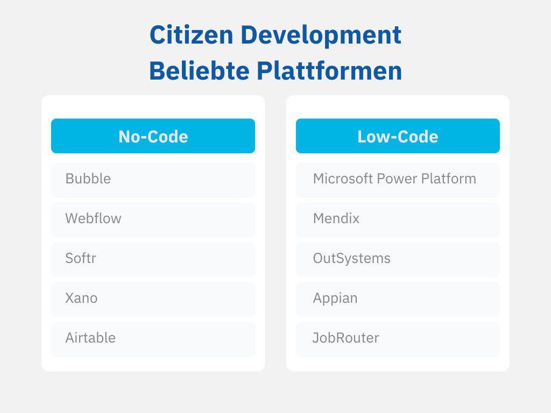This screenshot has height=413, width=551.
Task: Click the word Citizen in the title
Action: pos(192,35)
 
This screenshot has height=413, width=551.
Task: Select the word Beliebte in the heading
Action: pos(199,70)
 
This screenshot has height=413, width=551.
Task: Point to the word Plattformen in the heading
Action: pos(329,70)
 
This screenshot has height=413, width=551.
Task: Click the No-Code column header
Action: pos(153,136)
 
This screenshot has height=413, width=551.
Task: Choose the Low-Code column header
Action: pos(398,136)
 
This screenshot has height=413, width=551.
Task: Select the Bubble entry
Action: pos(153,180)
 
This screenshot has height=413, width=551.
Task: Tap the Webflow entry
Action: pos(153,220)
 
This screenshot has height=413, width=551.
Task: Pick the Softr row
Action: pos(153,260)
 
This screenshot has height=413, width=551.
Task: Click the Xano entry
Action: pos(153,300)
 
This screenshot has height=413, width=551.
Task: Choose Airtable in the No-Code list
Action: pos(153,339)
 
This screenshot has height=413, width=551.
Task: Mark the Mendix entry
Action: pos(398,220)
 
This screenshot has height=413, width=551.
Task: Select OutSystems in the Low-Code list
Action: pos(398,260)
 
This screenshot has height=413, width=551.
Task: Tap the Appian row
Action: pos(398,300)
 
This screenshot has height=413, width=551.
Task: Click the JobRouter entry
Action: pos(398,339)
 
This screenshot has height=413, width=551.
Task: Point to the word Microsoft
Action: pos(343,179)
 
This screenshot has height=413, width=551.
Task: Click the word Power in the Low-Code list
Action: pos(397,179)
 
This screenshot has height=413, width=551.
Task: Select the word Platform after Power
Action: pos(449,179)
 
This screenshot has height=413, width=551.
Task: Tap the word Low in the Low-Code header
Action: pos(370,137)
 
